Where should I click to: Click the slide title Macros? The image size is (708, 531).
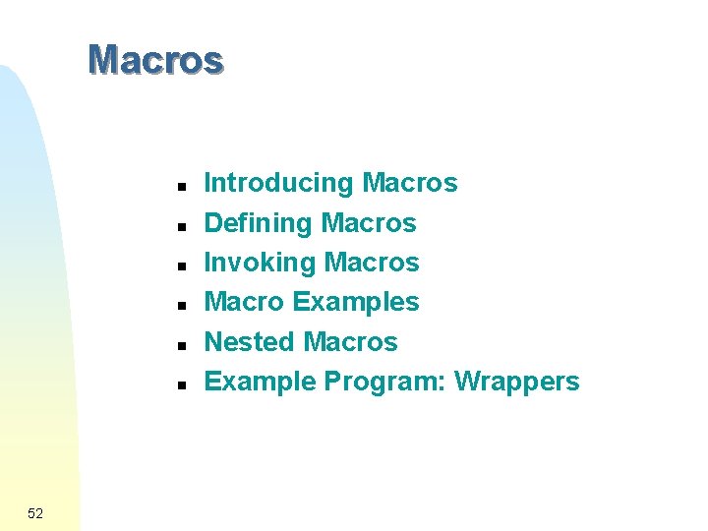[x=155, y=60]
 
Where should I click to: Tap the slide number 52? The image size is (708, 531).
[x=36, y=513]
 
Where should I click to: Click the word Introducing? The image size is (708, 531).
[x=278, y=183]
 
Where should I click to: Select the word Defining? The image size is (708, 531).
[x=258, y=223]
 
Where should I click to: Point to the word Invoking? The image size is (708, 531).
[x=260, y=263]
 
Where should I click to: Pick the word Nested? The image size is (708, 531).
[x=249, y=341]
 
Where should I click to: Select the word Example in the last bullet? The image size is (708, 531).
[x=260, y=382]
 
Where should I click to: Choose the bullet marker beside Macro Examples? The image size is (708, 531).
[x=182, y=305]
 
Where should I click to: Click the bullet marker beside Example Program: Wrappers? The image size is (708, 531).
[x=182, y=384]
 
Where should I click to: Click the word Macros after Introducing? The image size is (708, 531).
[x=410, y=183]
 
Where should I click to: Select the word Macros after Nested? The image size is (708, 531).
[x=350, y=341]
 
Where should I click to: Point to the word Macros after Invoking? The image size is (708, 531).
[x=372, y=263]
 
